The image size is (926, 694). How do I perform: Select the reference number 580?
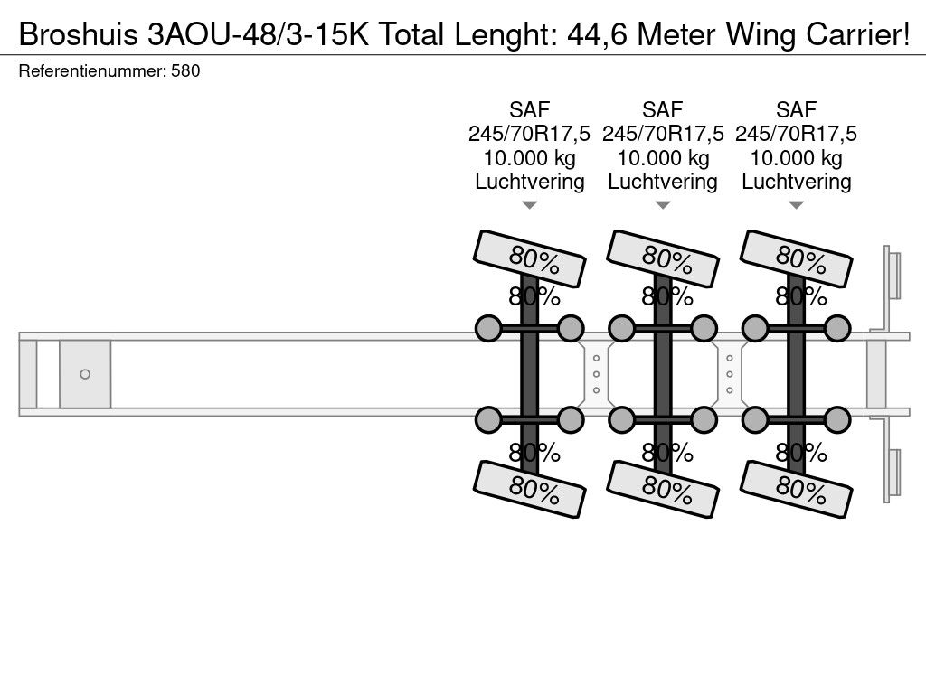[x=185, y=71]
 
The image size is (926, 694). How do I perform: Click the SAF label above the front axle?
[x=530, y=110]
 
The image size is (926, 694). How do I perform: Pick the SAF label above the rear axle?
[x=797, y=110]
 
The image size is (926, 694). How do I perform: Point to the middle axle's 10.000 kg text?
[x=663, y=158]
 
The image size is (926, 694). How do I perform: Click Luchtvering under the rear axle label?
[x=797, y=182]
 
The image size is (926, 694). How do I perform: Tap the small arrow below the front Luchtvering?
[x=530, y=206]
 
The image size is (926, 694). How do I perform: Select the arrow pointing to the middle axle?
[x=663, y=206]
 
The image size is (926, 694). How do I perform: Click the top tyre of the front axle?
[x=531, y=258]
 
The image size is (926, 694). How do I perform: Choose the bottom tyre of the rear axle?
[x=797, y=490]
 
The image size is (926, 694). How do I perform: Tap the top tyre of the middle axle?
[x=664, y=258]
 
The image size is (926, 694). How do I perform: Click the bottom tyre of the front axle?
[x=531, y=490]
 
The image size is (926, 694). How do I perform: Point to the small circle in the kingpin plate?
[x=85, y=374]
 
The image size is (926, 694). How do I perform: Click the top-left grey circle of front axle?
[x=488, y=327]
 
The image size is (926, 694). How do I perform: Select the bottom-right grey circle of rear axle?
[x=837, y=420]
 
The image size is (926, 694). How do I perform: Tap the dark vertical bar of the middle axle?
[x=663, y=374]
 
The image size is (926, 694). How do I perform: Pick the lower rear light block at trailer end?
[x=893, y=474]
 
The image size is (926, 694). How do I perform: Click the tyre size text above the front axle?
[x=530, y=135]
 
